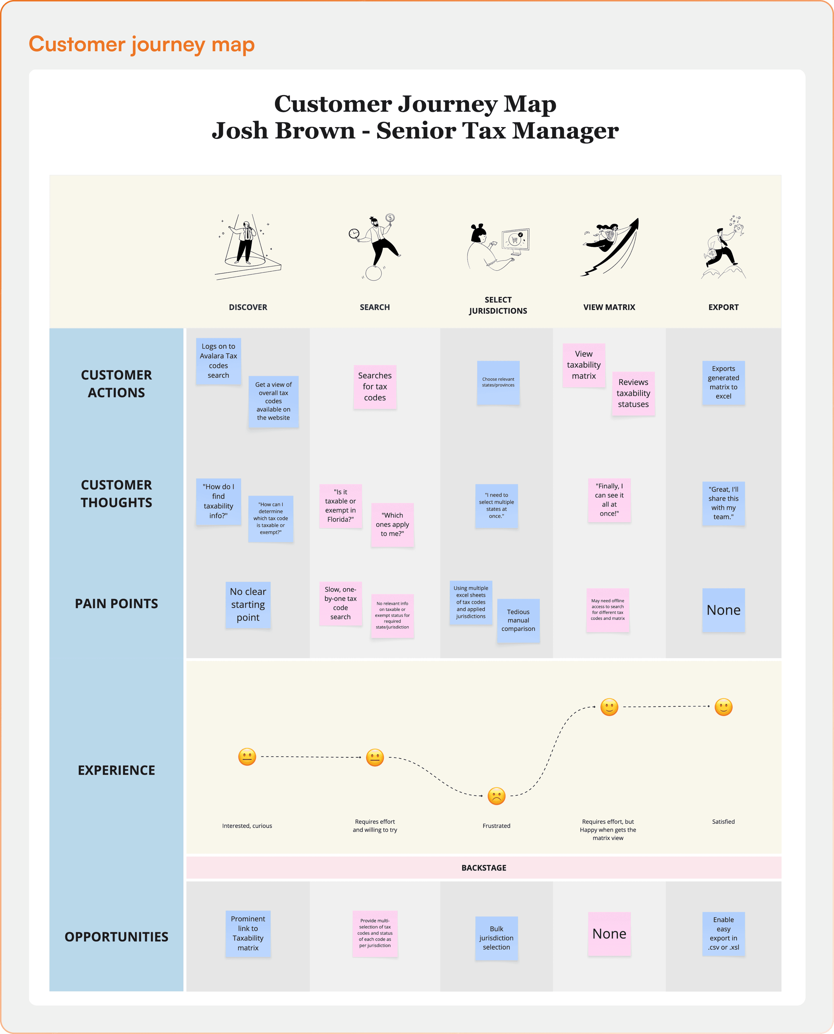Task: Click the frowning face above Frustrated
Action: point(496,796)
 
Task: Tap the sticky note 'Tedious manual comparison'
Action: point(518,620)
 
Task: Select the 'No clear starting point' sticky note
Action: point(248,605)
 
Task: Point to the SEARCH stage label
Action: point(375,307)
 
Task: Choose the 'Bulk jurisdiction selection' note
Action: point(496,938)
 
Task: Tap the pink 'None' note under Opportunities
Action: point(609,934)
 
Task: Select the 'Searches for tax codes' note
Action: point(375,387)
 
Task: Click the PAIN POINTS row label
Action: point(116,603)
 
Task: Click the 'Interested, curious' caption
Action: point(247,825)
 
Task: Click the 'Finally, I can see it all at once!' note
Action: point(609,500)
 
